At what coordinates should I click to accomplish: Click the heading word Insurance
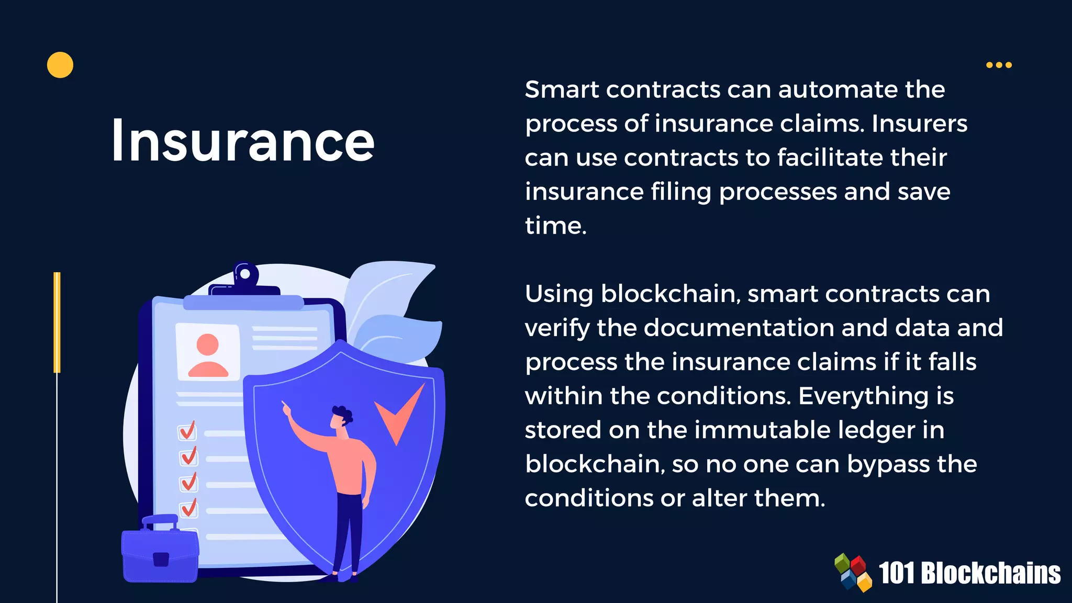(x=243, y=140)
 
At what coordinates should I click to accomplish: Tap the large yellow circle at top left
(x=60, y=65)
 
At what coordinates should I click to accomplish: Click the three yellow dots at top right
(x=999, y=65)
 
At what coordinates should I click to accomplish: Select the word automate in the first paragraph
(x=862, y=90)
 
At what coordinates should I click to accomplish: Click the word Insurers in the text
(x=919, y=124)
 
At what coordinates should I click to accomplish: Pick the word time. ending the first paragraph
(x=555, y=226)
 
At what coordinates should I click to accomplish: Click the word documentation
(x=739, y=328)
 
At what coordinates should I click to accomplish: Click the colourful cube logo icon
(x=853, y=573)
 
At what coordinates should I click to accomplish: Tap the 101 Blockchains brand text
(x=969, y=573)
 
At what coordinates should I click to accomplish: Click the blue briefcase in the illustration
(x=160, y=552)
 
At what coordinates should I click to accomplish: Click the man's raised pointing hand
(x=286, y=407)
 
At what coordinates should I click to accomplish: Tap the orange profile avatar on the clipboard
(x=208, y=355)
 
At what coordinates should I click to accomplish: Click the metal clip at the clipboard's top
(x=245, y=278)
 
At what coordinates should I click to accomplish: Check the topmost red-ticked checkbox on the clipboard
(x=187, y=431)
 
